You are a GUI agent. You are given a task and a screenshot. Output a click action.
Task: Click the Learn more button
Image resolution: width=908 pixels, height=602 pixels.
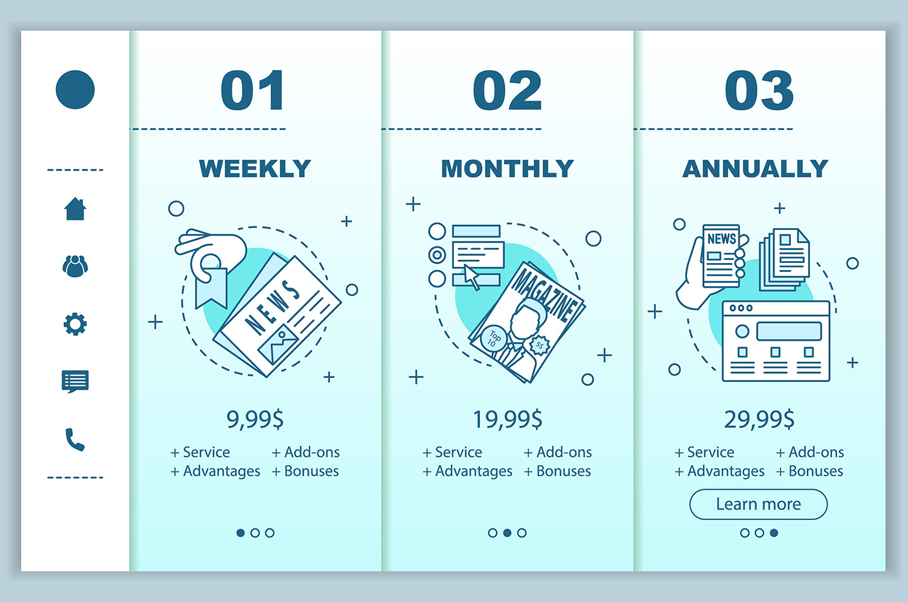pos(758,504)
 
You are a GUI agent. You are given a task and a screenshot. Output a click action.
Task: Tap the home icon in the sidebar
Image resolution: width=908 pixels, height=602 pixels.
pos(75,208)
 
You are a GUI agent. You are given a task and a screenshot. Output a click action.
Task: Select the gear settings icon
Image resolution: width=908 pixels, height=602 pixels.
pos(75,324)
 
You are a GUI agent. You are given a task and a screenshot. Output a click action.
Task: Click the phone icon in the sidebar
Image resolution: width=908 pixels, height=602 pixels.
pos(75,440)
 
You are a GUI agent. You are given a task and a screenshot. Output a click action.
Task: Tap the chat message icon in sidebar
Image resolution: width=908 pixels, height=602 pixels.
pos(75,381)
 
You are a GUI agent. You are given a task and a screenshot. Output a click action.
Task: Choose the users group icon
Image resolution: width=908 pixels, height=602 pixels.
pos(75,266)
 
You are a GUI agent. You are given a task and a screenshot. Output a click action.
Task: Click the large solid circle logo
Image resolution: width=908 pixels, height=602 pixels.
pos(75,89)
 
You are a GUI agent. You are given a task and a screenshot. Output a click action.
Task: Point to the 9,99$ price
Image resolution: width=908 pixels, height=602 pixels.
pos(255,419)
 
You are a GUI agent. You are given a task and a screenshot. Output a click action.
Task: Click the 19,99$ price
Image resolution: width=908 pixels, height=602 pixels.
pos(507,419)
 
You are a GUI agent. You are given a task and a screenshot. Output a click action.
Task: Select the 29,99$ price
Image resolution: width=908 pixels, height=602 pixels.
pos(759,419)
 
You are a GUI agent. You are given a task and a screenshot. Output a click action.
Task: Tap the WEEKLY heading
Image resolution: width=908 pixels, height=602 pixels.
pos(255,169)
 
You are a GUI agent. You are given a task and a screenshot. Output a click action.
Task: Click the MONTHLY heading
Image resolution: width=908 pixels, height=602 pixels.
pos(507,169)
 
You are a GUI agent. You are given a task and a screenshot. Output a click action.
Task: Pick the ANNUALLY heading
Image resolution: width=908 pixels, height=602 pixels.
pos(755,169)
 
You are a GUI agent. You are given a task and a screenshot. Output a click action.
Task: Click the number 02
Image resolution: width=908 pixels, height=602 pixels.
pos(507,90)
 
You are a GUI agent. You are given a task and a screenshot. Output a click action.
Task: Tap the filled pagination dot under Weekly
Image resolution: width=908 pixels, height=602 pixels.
pos(241,533)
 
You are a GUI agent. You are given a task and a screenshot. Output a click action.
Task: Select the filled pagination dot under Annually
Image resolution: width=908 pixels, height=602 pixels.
pos(774,533)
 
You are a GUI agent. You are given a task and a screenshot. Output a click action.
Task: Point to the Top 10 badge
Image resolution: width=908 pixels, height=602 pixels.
pos(493,338)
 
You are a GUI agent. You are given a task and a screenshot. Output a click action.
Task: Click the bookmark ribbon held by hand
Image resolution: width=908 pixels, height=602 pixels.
pos(211,288)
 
